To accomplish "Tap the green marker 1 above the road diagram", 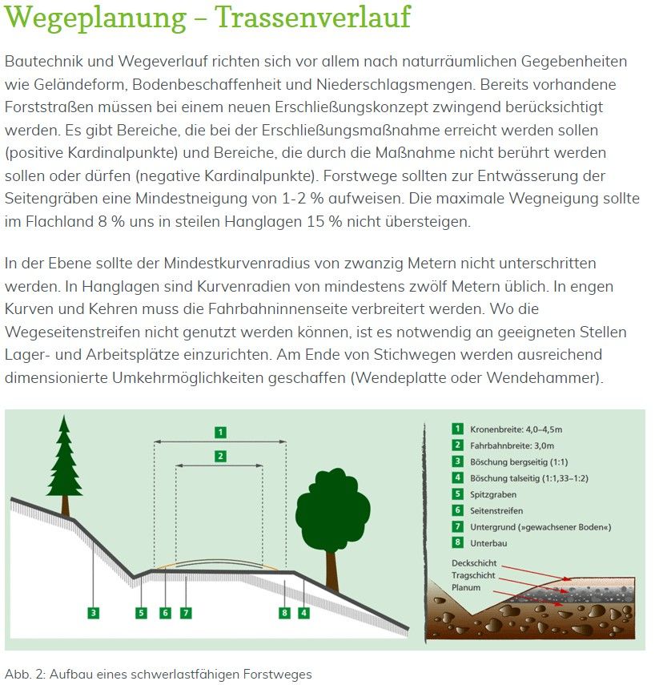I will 219,433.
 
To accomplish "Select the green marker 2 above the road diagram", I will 219,456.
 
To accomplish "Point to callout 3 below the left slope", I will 94,613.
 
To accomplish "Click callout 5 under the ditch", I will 141,613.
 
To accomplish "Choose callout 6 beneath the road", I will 165,613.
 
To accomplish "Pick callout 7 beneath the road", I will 186,613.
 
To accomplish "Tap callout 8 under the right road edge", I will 284,613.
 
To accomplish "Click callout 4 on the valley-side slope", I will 303,613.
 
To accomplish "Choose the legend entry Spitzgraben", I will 493,494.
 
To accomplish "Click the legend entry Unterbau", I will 488,543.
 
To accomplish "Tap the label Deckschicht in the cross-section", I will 474,564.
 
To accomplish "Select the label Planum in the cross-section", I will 466,587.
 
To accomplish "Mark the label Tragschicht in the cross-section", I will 473,576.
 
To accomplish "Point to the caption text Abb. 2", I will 22,674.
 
